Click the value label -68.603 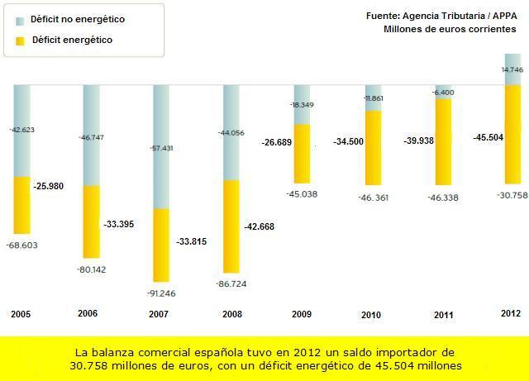22,245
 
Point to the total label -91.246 162,293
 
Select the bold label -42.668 263,226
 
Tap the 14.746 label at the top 512,71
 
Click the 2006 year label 88,314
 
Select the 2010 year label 372,315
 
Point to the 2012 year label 511,313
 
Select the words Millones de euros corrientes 450,30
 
